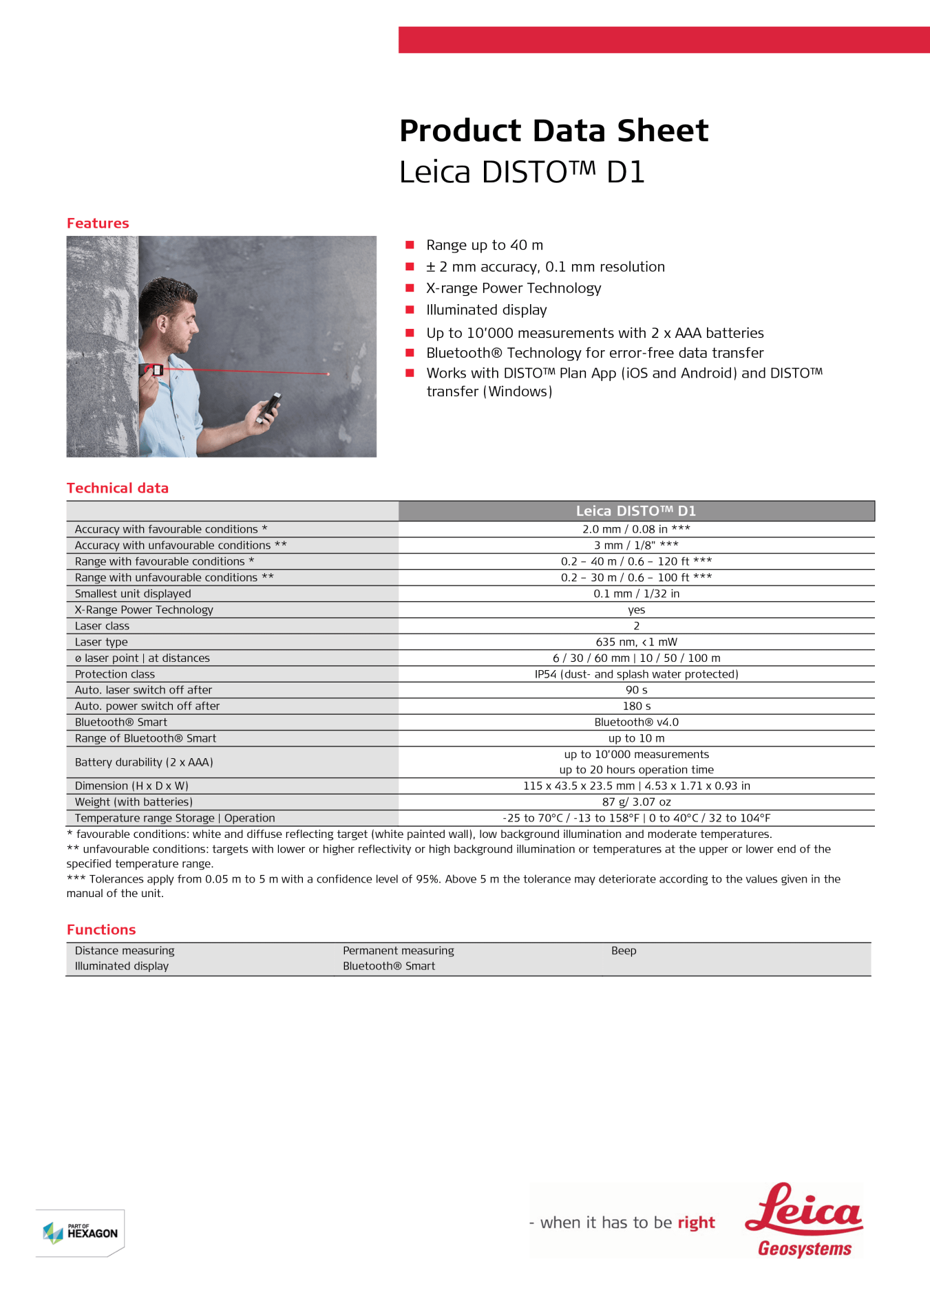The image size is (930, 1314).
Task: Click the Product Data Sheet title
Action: pos(553,131)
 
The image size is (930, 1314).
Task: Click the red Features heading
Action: pos(98,223)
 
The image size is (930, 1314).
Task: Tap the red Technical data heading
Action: pos(118,488)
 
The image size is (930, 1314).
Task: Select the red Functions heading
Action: pos(101,929)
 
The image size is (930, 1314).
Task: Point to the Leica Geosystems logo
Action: pos(804,1220)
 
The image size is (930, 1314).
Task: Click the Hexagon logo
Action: pos(81,1232)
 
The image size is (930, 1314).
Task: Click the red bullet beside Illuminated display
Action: pos(410,310)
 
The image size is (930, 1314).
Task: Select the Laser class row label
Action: pos(102,626)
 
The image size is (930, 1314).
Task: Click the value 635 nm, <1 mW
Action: pos(636,642)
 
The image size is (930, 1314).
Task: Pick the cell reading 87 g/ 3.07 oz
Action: pos(636,801)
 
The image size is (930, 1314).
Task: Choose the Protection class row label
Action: pos(115,674)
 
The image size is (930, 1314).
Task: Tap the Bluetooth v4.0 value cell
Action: pos(636,722)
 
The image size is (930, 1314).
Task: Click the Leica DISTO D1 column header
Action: pos(636,510)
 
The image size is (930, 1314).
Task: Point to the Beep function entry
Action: pos(624,951)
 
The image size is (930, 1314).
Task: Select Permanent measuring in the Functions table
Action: pos(399,951)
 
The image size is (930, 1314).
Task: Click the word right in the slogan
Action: pos(696,1223)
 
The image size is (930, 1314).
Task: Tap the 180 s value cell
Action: pos(636,706)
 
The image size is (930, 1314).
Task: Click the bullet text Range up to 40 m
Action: pos(485,246)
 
